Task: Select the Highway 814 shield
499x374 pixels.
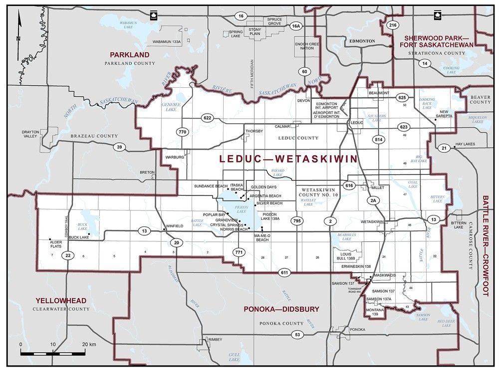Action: point(379,140)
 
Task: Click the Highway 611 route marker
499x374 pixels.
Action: point(284,272)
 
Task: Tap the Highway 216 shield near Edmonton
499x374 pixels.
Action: point(392,24)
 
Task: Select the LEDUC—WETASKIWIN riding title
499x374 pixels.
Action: point(288,159)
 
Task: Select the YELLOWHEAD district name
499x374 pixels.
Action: point(61,301)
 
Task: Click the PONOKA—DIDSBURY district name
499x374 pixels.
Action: point(281,309)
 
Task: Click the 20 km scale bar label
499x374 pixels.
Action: point(89,345)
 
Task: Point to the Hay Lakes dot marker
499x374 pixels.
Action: point(455,148)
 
